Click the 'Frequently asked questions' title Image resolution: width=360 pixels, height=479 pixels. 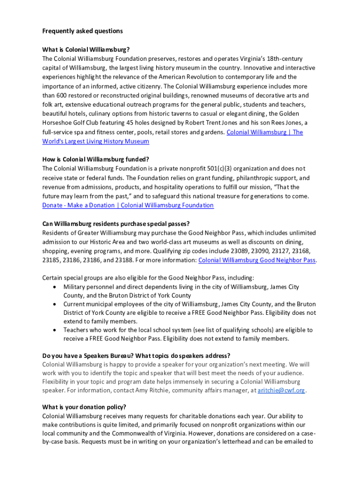click(82, 31)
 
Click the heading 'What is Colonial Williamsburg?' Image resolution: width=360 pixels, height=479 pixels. click(86, 50)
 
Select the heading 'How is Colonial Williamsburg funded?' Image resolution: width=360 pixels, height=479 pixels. click(95, 160)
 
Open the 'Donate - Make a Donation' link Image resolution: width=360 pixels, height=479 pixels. click(128, 205)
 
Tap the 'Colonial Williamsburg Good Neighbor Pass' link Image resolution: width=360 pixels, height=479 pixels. click(257, 260)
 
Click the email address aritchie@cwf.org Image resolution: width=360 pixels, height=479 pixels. click(281, 390)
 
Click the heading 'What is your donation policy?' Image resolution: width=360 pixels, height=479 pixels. click(84, 406)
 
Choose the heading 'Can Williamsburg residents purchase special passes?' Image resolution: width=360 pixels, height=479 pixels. click(116, 224)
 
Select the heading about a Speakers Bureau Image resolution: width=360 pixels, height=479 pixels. click(136, 356)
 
